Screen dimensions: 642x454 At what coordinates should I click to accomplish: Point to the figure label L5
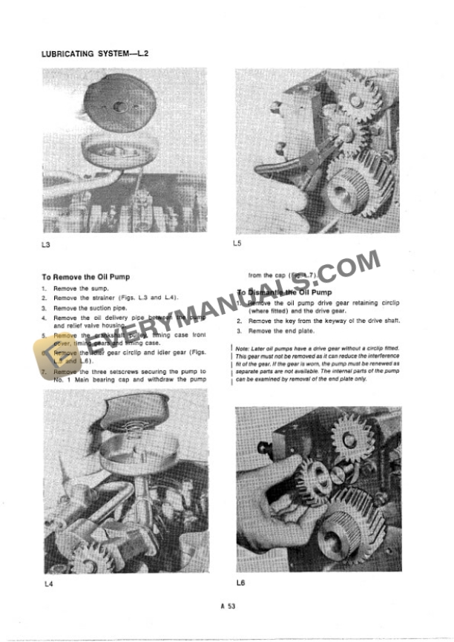pos(237,243)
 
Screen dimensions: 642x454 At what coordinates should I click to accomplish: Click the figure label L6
pos(240,583)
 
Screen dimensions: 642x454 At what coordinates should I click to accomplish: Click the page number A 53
pos(228,607)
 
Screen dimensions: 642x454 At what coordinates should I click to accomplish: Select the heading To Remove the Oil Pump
pos(86,277)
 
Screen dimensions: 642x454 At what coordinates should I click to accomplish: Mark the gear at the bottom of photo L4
pos(88,556)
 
